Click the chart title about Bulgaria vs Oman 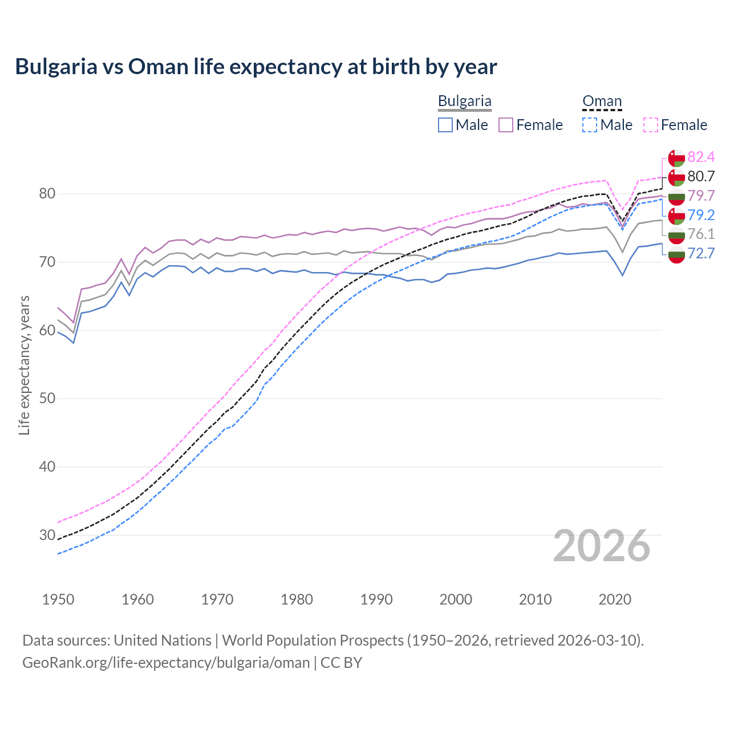[256, 67]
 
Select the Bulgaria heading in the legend [464, 102]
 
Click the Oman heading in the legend [602, 102]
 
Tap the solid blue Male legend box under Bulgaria [445, 125]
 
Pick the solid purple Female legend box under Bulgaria [506, 125]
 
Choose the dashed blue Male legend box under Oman [590, 125]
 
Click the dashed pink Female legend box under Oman [651, 125]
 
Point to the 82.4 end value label [701, 157]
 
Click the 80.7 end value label [701, 177]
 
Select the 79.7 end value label [701, 196]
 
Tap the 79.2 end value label [701, 215]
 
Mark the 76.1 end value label [701, 234]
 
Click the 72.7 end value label [701, 254]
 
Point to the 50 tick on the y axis [47, 399]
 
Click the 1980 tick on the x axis [297, 599]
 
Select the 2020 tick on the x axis [615, 599]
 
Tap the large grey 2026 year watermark [601, 546]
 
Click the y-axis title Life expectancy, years [25, 365]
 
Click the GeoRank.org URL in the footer [166, 663]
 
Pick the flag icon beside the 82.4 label [676, 158]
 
